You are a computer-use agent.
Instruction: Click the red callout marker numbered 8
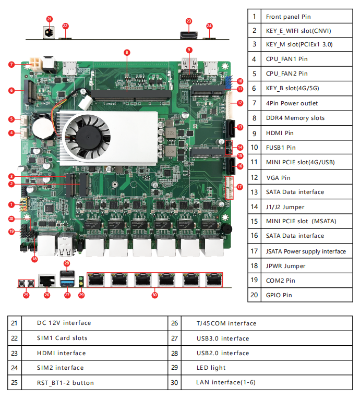point(127,52)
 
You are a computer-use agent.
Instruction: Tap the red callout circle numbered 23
point(189,21)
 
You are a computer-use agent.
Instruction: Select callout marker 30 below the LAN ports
point(154,295)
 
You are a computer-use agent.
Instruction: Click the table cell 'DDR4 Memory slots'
point(295,118)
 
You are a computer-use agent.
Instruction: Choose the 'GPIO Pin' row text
point(279,295)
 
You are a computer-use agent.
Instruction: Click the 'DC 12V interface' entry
point(64,323)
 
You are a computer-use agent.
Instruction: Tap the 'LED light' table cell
point(211,368)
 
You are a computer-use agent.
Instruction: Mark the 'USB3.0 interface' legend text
point(222,338)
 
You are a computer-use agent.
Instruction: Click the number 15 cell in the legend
point(254,221)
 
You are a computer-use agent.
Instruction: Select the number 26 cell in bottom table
point(174,323)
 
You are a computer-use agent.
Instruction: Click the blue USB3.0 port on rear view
point(67,282)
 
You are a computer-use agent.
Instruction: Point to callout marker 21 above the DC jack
point(50,19)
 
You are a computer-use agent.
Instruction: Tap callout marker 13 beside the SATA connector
point(239,127)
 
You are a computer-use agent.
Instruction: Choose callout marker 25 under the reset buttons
point(26,295)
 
